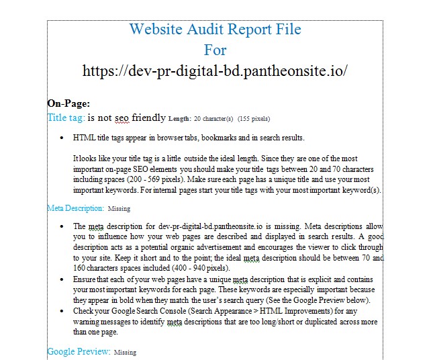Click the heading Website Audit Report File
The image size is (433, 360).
(215, 30)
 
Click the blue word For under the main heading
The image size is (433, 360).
(215, 50)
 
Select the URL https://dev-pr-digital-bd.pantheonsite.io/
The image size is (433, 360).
(215, 71)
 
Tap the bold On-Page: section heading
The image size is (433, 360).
(68, 103)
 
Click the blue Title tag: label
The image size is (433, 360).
(66, 118)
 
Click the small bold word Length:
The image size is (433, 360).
(179, 119)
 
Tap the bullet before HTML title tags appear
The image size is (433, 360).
(62, 138)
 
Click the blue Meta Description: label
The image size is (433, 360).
(75, 208)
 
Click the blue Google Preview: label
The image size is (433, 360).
(79, 351)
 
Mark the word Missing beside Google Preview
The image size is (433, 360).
(125, 352)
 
